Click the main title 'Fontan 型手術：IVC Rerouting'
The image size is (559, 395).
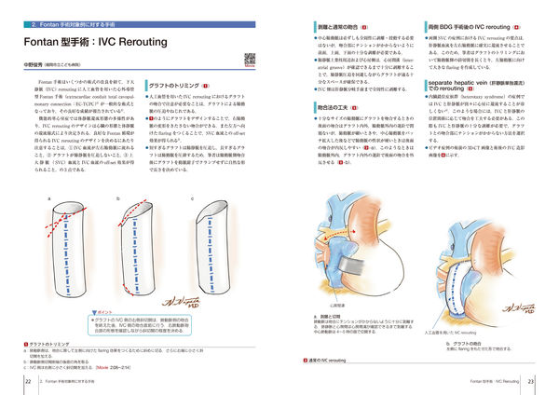(89, 43)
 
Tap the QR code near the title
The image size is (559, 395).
(250, 59)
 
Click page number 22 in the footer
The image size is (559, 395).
(30, 381)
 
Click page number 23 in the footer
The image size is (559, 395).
(529, 381)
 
